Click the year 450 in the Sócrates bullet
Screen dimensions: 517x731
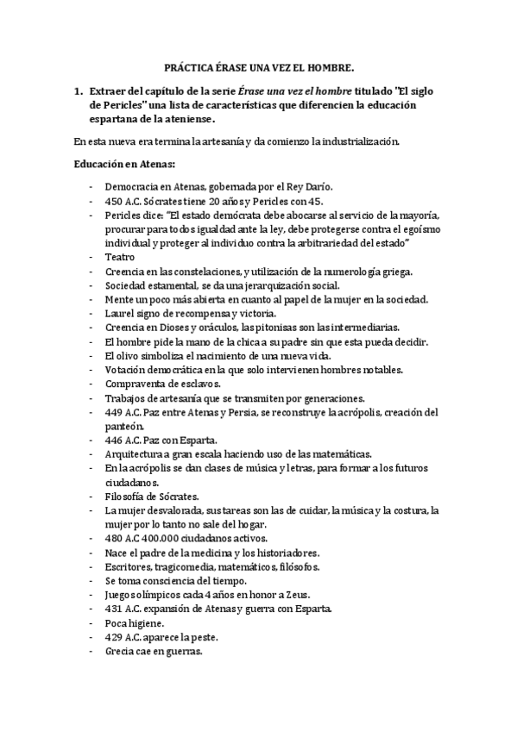[x=113, y=200]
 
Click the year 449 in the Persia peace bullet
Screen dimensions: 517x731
[x=113, y=411]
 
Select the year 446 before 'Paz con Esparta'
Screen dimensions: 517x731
[x=113, y=439]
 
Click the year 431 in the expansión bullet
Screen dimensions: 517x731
[x=113, y=609]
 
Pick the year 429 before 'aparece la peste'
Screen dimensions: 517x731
[x=113, y=636]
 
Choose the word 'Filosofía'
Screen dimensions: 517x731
[x=125, y=496]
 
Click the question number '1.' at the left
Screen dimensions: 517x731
[x=79, y=90]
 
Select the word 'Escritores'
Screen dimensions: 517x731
[x=128, y=566]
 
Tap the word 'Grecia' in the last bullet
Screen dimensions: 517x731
[x=119, y=651]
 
